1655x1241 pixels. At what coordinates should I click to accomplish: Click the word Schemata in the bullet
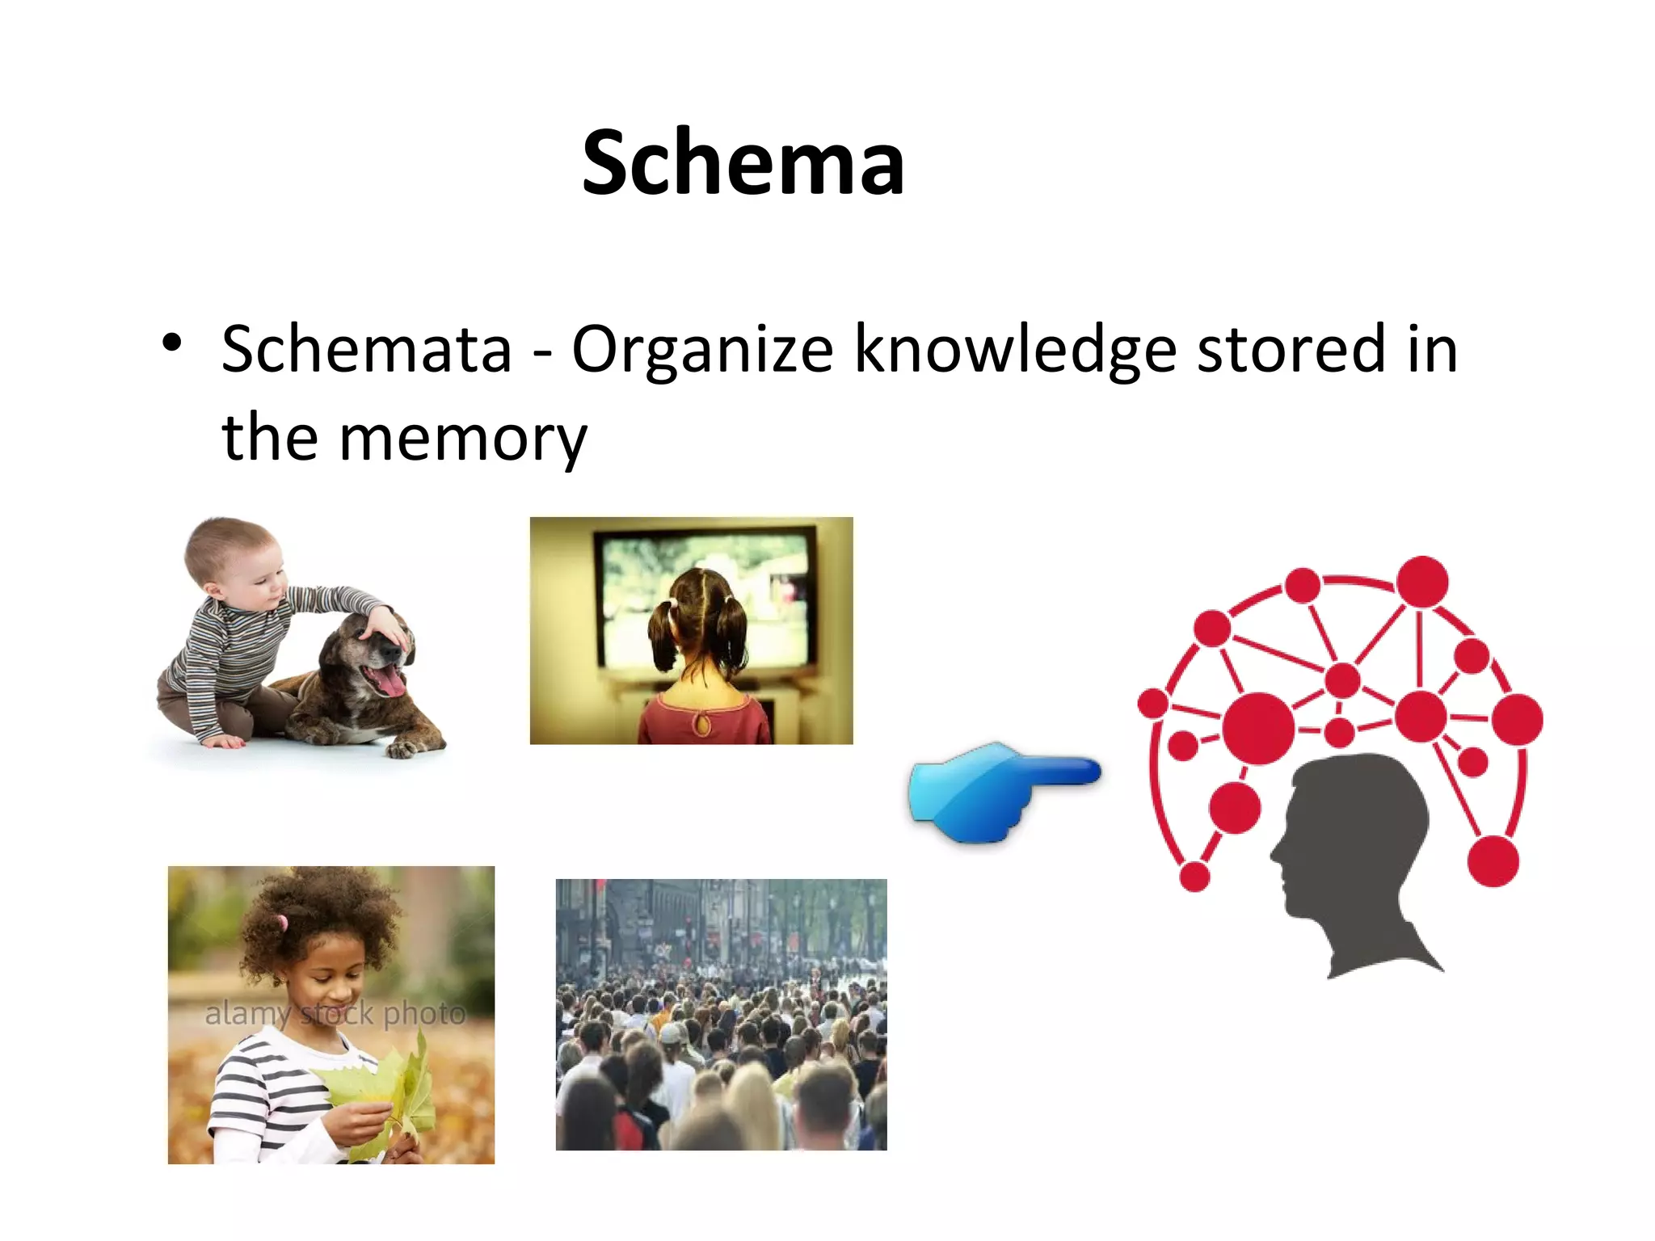[x=367, y=349]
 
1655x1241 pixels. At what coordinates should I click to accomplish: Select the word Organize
[x=701, y=351]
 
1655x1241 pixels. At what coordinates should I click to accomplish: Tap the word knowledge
[x=1015, y=351]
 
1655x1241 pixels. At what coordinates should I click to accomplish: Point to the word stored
[x=1291, y=349]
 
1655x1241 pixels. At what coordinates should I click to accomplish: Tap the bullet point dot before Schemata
[x=171, y=343]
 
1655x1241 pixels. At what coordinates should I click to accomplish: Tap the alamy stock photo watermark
[x=335, y=1013]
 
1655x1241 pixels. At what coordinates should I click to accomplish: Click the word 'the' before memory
[x=269, y=437]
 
